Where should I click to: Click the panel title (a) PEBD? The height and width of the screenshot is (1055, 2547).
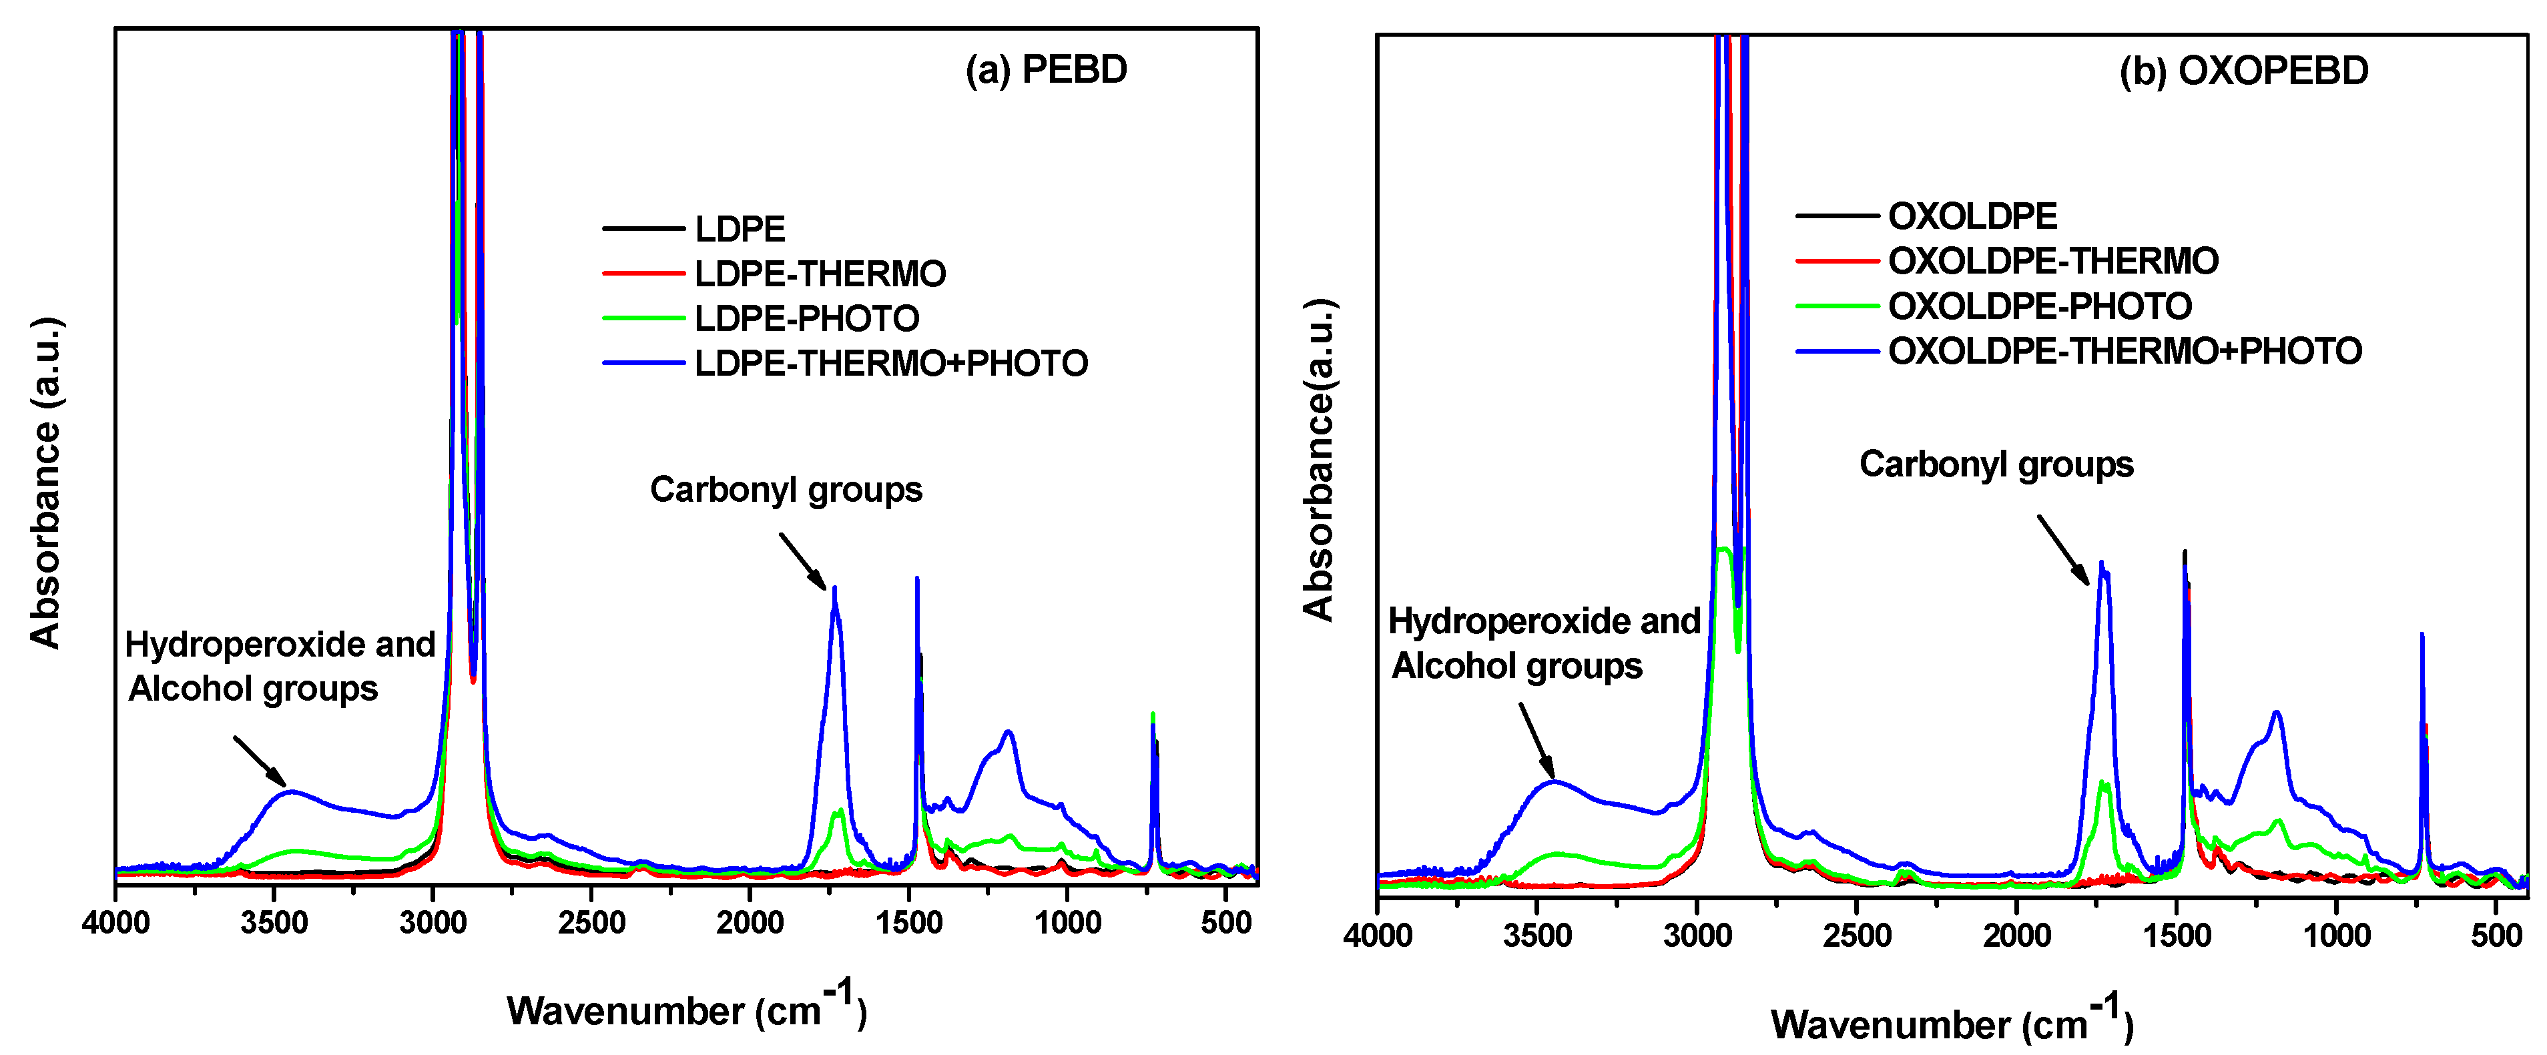click(1045, 70)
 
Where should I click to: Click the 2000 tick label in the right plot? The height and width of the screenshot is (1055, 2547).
click(2016, 934)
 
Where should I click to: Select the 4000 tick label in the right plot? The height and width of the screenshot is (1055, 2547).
click(1378, 934)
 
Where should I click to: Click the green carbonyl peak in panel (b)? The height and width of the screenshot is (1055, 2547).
click(2103, 784)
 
